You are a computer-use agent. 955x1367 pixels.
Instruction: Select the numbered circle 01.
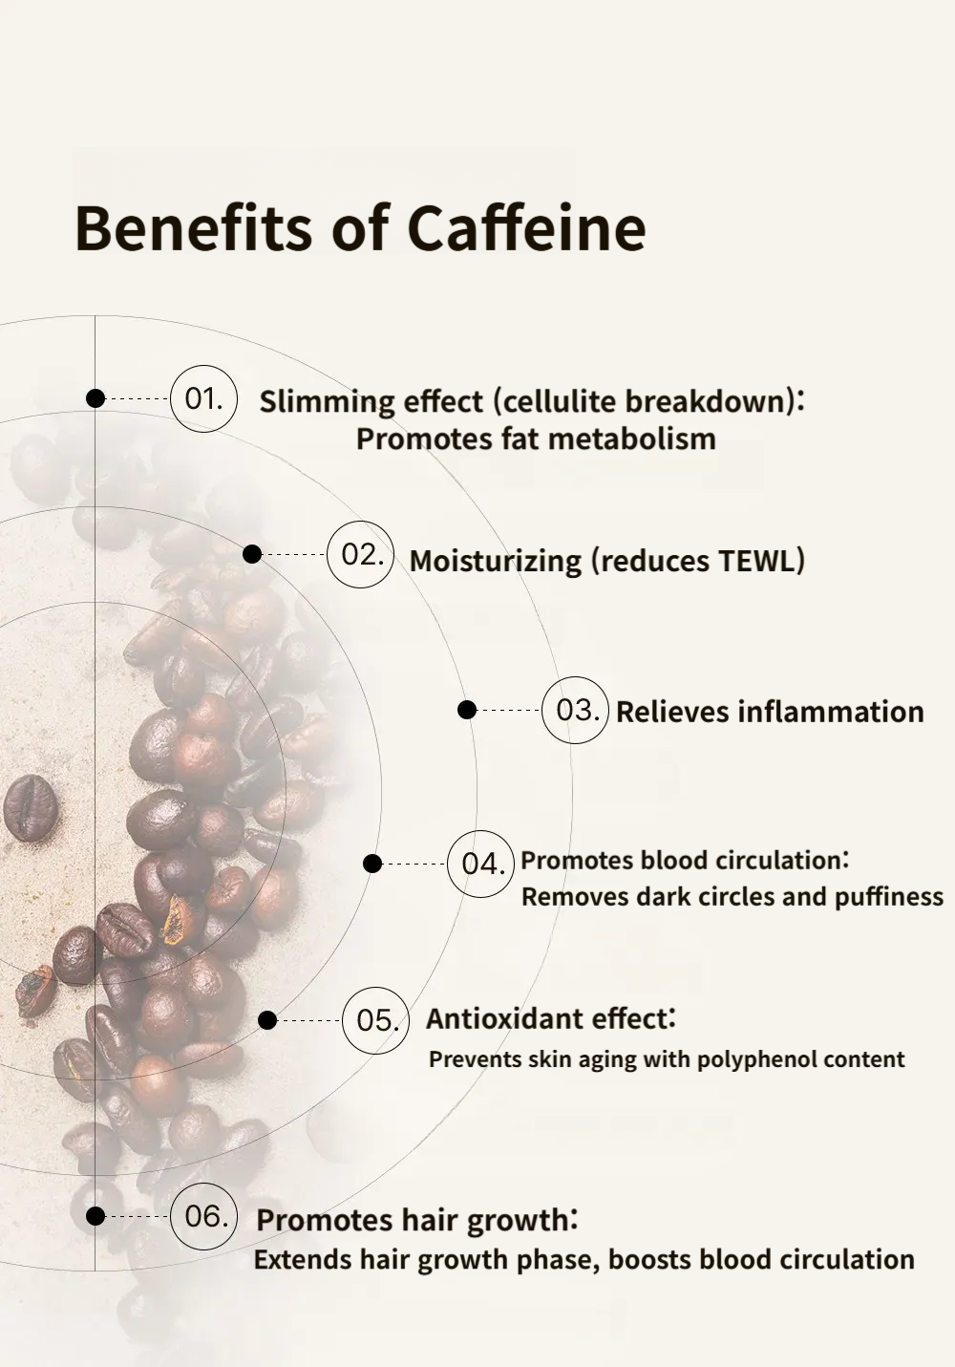tap(203, 399)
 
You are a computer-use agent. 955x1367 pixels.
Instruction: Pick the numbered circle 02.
tap(360, 554)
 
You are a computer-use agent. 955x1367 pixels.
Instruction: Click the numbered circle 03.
tap(575, 710)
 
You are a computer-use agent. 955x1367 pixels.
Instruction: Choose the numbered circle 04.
tap(481, 864)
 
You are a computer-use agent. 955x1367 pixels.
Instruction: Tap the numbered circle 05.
tap(375, 1020)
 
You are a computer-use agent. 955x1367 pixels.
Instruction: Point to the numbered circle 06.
tap(203, 1216)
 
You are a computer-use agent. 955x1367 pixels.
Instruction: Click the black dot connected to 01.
tap(95, 398)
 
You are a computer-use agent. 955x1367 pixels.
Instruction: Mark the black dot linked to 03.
tap(467, 710)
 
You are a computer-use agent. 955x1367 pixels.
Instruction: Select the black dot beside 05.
tap(267, 1020)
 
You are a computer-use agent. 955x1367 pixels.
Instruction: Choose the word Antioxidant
tap(489, 1018)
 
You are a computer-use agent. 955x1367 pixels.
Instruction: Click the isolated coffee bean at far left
tap(31, 807)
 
